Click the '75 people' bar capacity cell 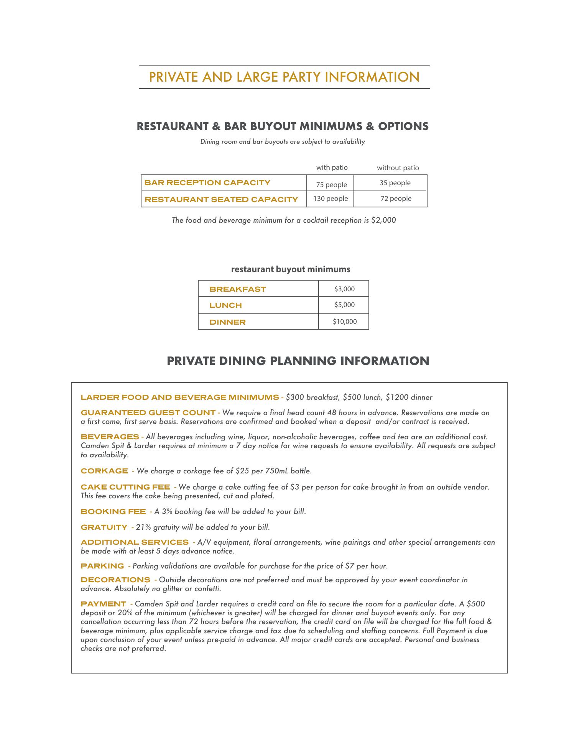point(331,185)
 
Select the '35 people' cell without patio point(395,183)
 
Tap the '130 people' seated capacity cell point(331,199)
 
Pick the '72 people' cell point(396,199)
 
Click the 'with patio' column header point(332,168)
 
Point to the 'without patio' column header point(398,168)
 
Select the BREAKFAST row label point(238,289)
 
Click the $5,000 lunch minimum point(344,305)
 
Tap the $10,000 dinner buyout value point(344,322)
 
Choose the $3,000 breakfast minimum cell point(344,289)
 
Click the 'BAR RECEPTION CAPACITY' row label point(207,183)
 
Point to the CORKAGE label point(104,471)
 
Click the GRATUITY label point(104,527)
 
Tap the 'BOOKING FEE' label point(113,512)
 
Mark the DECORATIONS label point(115,580)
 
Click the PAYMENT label point(103,604)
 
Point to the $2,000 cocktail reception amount point(383,220)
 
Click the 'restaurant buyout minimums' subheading point(291,269)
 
